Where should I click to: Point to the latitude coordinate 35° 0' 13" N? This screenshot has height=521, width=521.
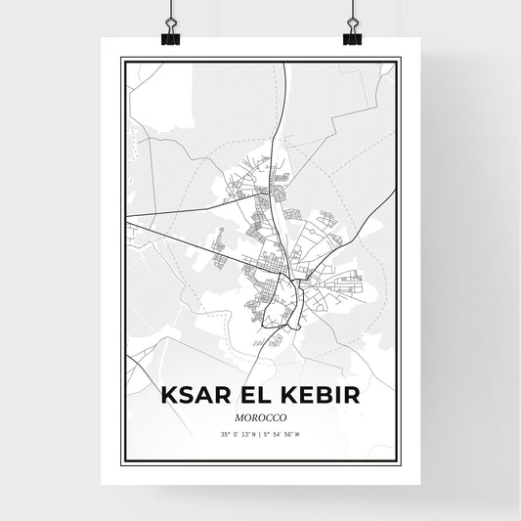[239, 433]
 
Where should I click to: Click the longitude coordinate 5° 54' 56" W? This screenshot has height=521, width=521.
[284, 433]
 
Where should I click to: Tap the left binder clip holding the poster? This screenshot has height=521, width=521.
[170, 29]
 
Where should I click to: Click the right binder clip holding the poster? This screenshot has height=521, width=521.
[351, 29]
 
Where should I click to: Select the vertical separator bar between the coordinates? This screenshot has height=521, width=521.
[261, 433]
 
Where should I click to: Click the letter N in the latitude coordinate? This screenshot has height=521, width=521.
[253, 433]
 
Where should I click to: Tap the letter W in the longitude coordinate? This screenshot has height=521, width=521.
[298, 433]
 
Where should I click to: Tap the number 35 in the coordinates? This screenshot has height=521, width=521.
[224, 433]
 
